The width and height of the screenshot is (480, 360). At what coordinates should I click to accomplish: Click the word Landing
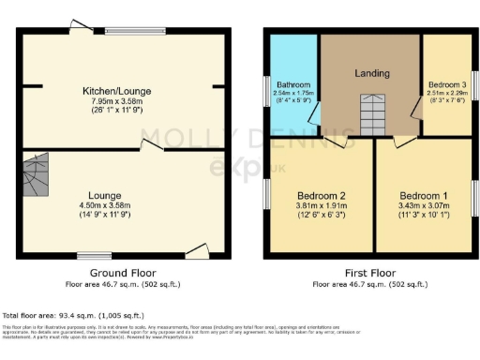(371, 73)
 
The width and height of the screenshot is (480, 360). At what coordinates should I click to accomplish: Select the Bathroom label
(292, 83)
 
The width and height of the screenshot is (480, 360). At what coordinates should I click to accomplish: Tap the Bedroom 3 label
(446, 83)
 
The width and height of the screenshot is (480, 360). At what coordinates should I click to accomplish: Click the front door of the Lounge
(198, 249)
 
